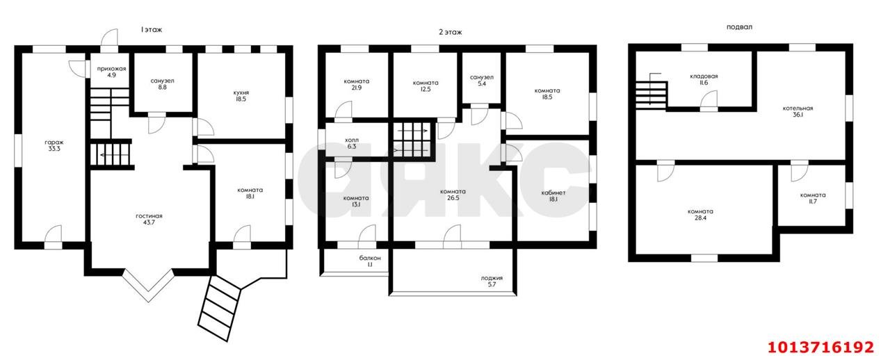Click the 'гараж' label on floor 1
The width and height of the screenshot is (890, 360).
pos(54,142)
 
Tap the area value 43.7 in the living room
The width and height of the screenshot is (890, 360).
pos(149,222)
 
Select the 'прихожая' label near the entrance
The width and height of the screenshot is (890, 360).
pos(112,69)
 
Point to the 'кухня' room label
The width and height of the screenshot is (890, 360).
pos(241,93)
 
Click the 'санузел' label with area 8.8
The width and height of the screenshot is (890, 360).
pos(162,81)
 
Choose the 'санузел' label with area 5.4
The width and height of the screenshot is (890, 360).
pos(482,77)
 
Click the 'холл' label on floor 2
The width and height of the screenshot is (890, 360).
pos(352,140)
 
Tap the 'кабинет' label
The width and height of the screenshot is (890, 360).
pos(553,193)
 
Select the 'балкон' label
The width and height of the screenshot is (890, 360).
pos(370,259)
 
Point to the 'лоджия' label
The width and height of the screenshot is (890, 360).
pos(492,278)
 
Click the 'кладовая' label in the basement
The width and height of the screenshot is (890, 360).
pos(704,76)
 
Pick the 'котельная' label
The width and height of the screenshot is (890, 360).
pos(798,108)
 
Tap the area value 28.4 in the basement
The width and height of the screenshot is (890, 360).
pos(700,218)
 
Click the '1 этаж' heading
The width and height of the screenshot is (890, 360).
pos(152,30)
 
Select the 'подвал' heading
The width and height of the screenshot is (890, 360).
pos(739,27)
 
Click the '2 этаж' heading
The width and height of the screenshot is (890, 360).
pos(450,32)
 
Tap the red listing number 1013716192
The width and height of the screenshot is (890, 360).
pos(820,347)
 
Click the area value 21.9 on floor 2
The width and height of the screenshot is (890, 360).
pos(357,88)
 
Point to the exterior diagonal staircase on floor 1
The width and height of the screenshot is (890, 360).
pos(219,308)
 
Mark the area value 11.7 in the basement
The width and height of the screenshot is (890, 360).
pos(813,202)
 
